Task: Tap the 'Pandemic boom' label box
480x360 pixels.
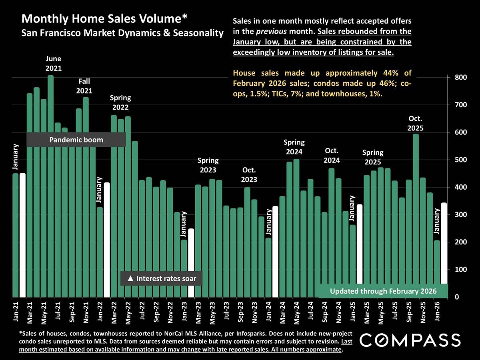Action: pyautogui.click(x=76, y=140)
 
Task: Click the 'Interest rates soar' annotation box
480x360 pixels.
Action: pyautogui.click(x=162, y=278)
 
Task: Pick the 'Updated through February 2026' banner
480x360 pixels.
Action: pyautogui.click(x=383, y=291)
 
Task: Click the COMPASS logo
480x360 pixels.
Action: pyautogui.click(x=410, y=340)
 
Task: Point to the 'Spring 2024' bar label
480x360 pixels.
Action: pyautogui.click(x=294, y=147)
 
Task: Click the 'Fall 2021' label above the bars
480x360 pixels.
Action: pyautogui.click(x=85, y=86)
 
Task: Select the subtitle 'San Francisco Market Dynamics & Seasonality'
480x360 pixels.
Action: pyautogui.click(x=122, y=33)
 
